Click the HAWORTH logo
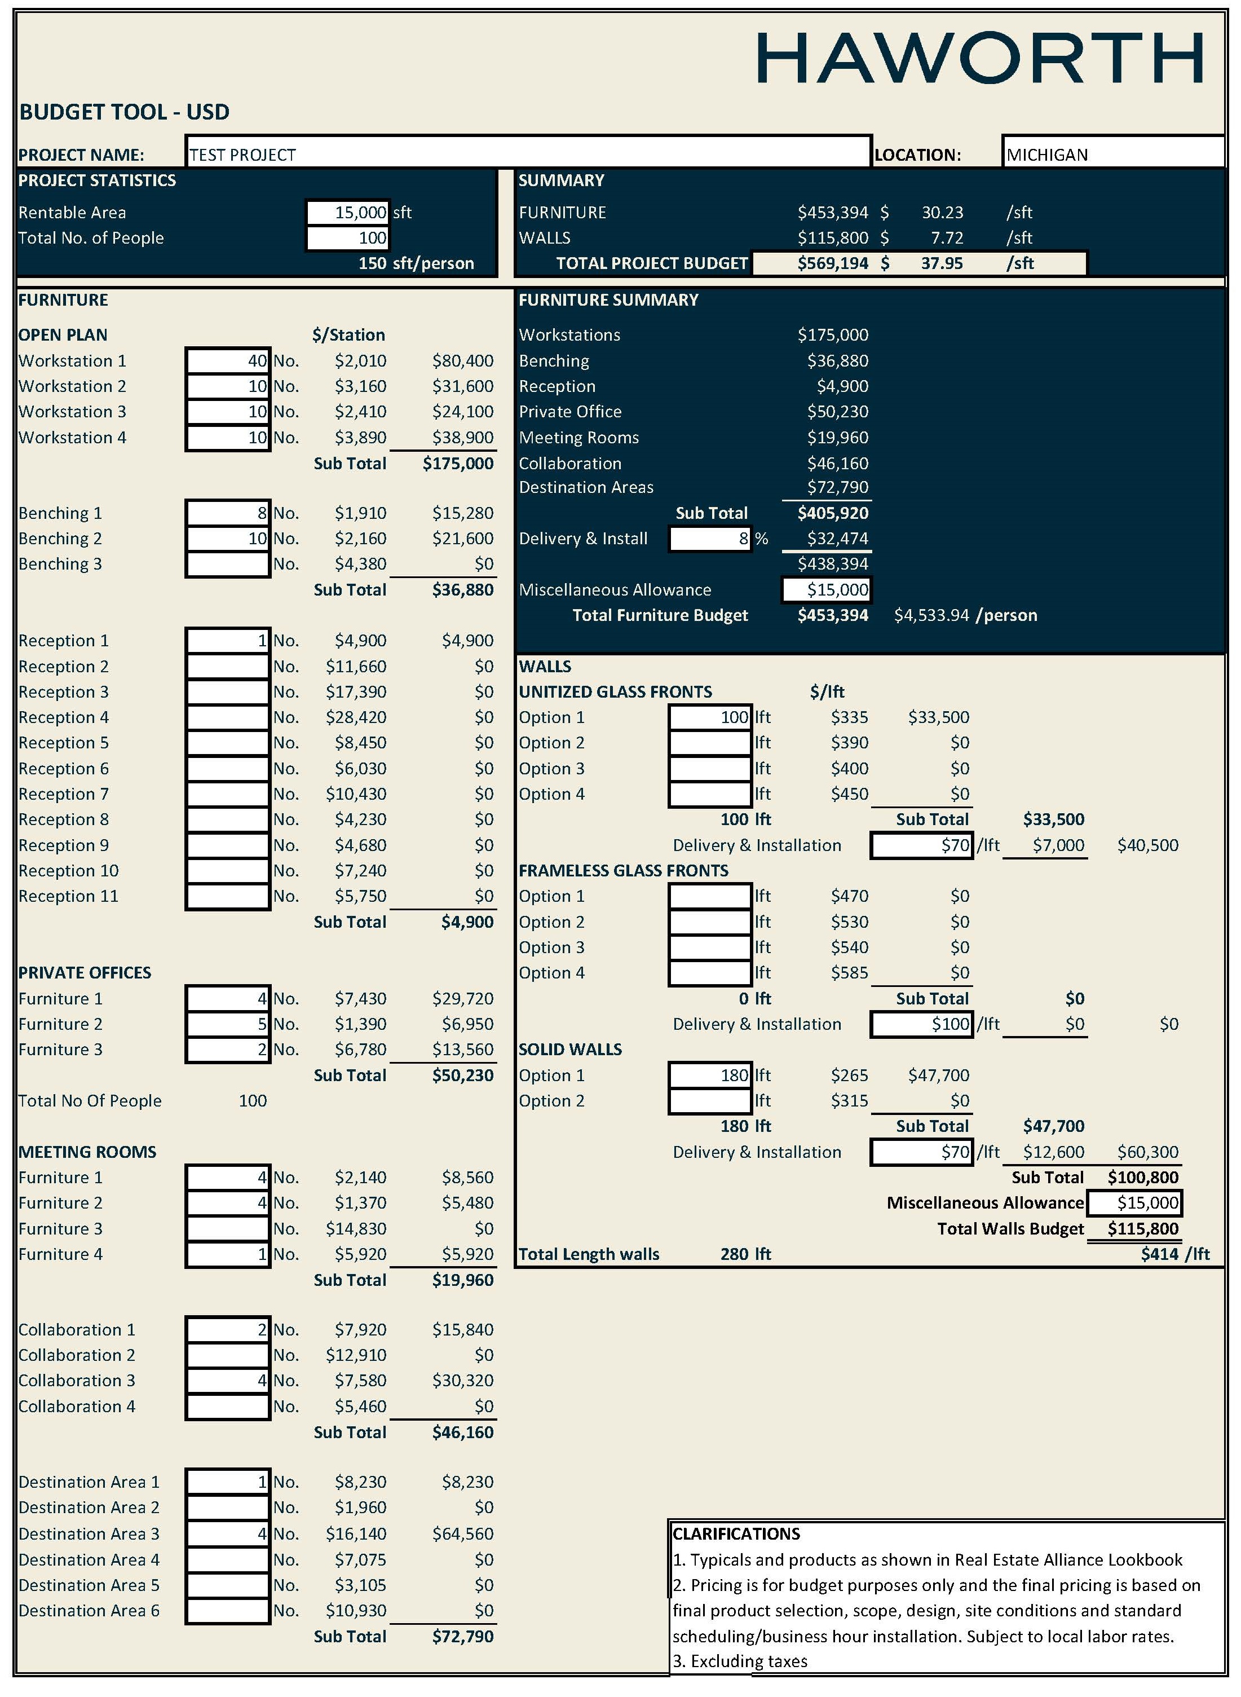click(x=979, y=58)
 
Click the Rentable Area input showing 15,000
click(x=348, y=213)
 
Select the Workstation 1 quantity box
click(x=228, y=360)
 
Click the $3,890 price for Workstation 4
click(x=361, y=437)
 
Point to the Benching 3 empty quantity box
click(x=228, y=564)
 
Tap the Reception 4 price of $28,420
click(x=356, y=717)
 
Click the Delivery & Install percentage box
click(x=710, y=539)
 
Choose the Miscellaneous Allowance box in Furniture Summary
click(x=827, y=590)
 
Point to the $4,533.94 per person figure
click(x=931, y=615)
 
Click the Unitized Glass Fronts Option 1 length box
click(x=710, y=717)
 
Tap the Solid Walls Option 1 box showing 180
click(x=710, y=1075)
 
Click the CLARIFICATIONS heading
click(x=736, y=1534)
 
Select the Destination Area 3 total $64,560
click(x=463, y=1534)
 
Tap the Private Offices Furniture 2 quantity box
click(x=228, y=1024)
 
